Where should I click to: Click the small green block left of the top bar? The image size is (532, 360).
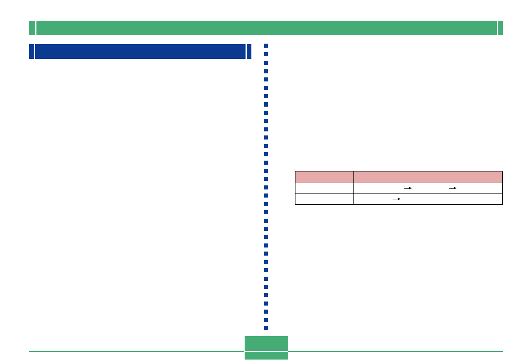[32, 28]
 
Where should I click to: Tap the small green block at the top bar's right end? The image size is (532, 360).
[501, 28]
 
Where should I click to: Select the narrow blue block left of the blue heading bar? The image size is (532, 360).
[31, 51]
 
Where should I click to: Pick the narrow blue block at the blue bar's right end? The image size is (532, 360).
[249, 51]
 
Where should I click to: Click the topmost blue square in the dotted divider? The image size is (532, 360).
[266, 46]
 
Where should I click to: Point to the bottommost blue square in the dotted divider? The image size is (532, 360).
[266, 328]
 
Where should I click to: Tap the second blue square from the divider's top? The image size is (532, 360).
[266, 54]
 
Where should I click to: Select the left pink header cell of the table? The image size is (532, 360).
[324, 177]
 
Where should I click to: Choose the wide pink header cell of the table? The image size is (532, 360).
[428, 177]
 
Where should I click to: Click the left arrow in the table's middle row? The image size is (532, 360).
[407, 189]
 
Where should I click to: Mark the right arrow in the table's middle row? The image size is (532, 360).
[452, 189]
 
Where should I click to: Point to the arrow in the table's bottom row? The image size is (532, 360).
[396, 199]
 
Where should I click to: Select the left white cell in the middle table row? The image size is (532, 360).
[324, 189]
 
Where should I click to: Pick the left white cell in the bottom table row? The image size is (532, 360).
[324, 199]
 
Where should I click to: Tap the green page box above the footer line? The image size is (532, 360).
[266, 343]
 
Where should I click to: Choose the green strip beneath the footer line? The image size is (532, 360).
[266, 356]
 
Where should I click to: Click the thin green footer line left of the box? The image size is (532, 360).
[135, 351]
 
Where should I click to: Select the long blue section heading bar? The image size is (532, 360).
[140, 51]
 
